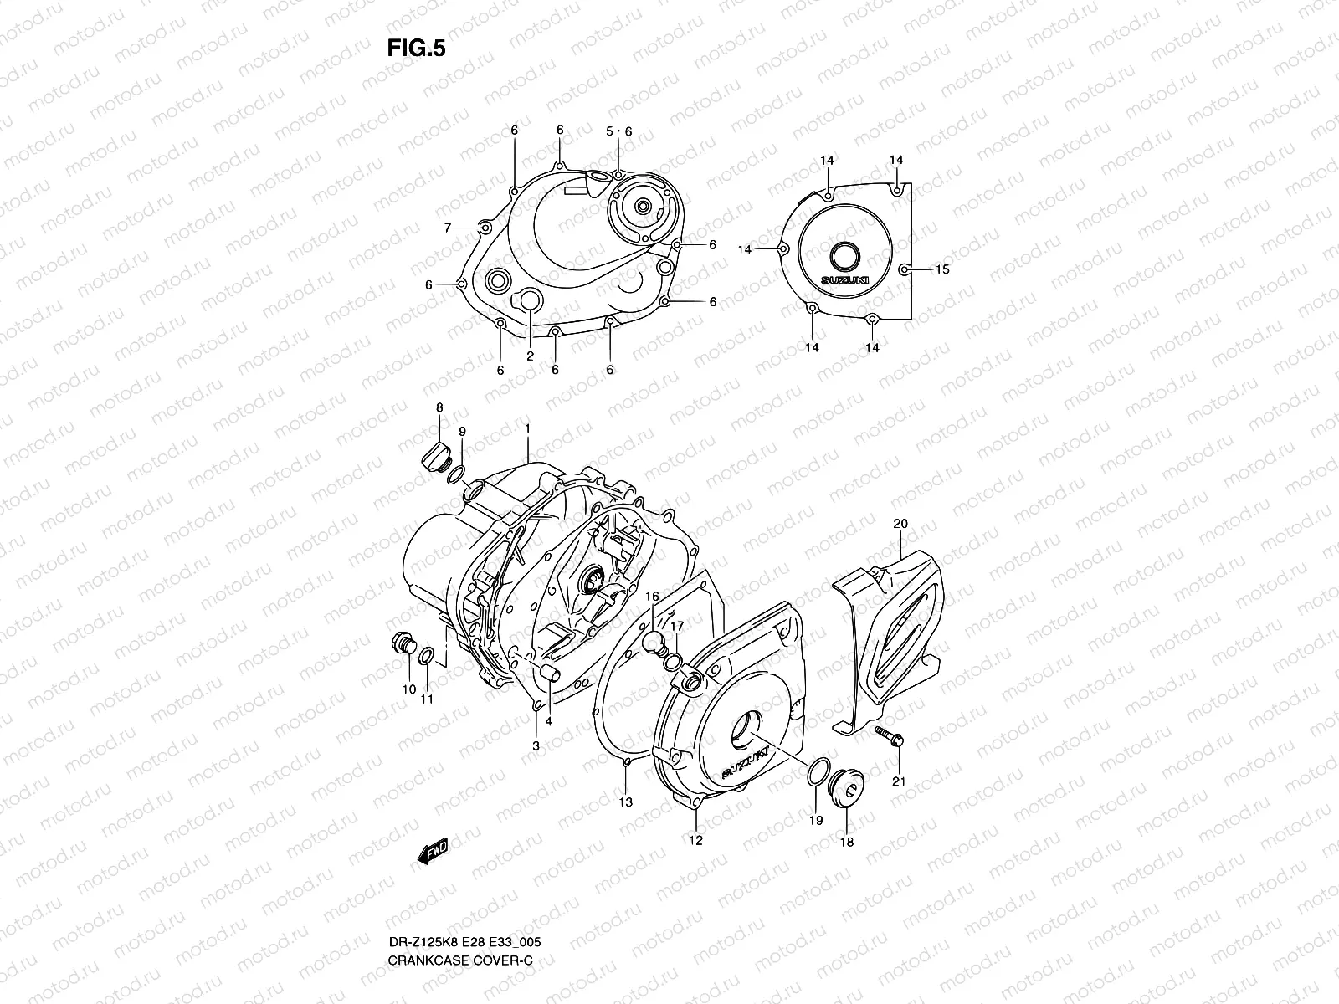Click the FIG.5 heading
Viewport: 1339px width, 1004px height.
click(x=416, y=49)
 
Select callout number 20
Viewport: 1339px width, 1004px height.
click(x=900, y=525)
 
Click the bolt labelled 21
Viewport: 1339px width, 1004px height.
click(x=888, y=735)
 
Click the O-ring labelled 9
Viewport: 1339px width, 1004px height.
click(x=456, y=475)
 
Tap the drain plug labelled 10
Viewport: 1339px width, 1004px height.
click(x=403, y=646)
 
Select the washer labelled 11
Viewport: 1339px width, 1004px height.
click(x=426, y=654)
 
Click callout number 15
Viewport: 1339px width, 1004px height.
click(x=942, y=269)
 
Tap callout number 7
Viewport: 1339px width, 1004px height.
click(x=448, y=228)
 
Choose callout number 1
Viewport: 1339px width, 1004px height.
click(x=528, y=428)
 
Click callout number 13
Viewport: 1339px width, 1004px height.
click(x=625, y=802)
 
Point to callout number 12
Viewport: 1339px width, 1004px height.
click(x=695, y=840)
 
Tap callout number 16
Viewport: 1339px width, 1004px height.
click(x=652, y=597)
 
